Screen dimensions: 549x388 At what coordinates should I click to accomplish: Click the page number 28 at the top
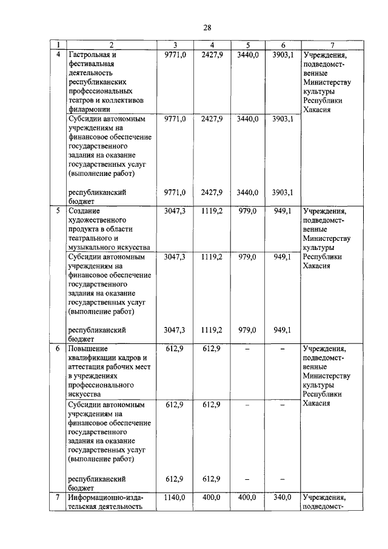tap(207, 28)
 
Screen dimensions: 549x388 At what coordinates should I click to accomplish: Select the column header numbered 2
tap(112, 45)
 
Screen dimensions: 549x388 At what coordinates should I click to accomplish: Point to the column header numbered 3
tap(175, 45)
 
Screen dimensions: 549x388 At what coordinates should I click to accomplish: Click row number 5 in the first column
tap(58, 212)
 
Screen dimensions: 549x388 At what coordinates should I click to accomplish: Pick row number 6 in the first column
tap(58, 349)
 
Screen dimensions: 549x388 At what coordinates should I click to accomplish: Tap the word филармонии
tap(89, 109)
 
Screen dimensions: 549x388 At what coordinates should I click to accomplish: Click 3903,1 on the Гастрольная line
tap(283, 54)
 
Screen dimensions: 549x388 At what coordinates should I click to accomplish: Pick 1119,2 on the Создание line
tap(212, 212)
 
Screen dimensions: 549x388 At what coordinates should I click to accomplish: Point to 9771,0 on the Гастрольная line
tap(175, 54)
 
